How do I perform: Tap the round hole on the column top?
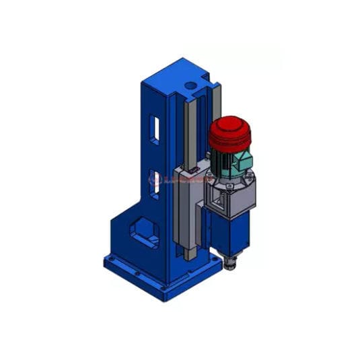(192, 86)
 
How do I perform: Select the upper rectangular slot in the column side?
(155, 131)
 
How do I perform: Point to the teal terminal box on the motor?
(243, 162)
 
